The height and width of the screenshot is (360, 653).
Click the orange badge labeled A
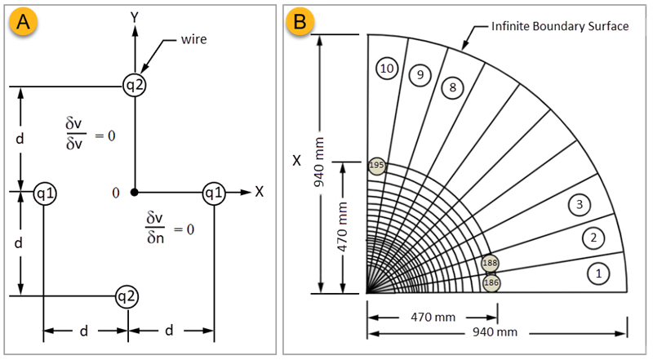[x=24, y=23]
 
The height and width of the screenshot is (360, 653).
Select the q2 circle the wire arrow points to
[x=135, y=84]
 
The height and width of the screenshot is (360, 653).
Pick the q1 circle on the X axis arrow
[x=214, y=193]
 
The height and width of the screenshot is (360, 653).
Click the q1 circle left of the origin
[x=44, y=193]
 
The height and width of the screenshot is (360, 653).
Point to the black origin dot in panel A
[x=135, y=193]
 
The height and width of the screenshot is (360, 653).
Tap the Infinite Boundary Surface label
[x=559, y=26]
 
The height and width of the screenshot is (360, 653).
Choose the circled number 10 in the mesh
[x=387, y=69]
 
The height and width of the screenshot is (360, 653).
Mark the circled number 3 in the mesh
[x=579, y=204]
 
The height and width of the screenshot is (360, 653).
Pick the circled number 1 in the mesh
[x=598, y=273]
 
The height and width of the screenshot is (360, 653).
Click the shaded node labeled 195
[x=376, y=165]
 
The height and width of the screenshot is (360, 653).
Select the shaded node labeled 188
[x=490, y=264]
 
